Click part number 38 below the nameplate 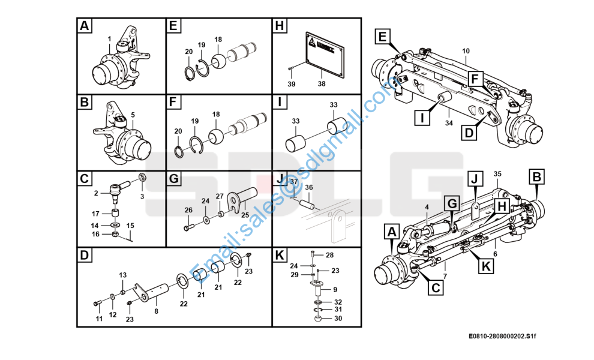tap(322, 84)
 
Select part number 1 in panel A tap(109, 40)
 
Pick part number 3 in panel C tap(142, 196)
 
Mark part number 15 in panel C tap(131, 225)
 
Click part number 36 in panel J tap(309, 187)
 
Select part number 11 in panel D tap(99, 318)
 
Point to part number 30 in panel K tap(338, 318)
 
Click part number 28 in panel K tap(329, 256)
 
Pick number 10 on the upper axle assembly tap(466, 52)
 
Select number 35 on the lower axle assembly tap(497, 175)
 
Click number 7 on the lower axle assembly tap(445, 276)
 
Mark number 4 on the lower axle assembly tap(427, 207)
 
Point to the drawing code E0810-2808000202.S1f tap(502, 337)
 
